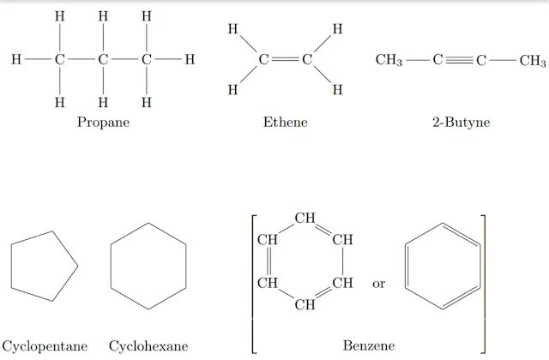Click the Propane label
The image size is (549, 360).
click(x=103, y=123)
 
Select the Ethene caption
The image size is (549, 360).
click(x=285, y=123)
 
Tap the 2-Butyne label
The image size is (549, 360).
click(x=461, y=123)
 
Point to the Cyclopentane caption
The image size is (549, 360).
click(x=45, y=346)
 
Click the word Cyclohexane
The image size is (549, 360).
click(x=148, y=346)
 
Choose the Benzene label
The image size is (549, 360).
click(x=369, y=345)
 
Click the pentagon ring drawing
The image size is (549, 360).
click(x=43, y=267)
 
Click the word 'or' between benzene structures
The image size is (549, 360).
click(x=378, y=284)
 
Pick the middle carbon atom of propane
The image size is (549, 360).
click(x=103, y=60)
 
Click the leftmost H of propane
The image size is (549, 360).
click(x=15, y=60)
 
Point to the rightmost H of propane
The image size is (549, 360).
click(x=190, y=60)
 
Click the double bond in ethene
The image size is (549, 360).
click(x=285, y=60)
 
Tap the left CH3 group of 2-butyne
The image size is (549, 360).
click(x=389, y=60)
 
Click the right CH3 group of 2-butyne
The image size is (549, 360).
click(x=532, y=60)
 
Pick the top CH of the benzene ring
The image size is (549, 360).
click(x=305, y=218)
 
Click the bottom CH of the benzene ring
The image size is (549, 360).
click(x=305, y=304)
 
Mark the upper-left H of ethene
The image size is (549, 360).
click(x=232, y=30)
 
